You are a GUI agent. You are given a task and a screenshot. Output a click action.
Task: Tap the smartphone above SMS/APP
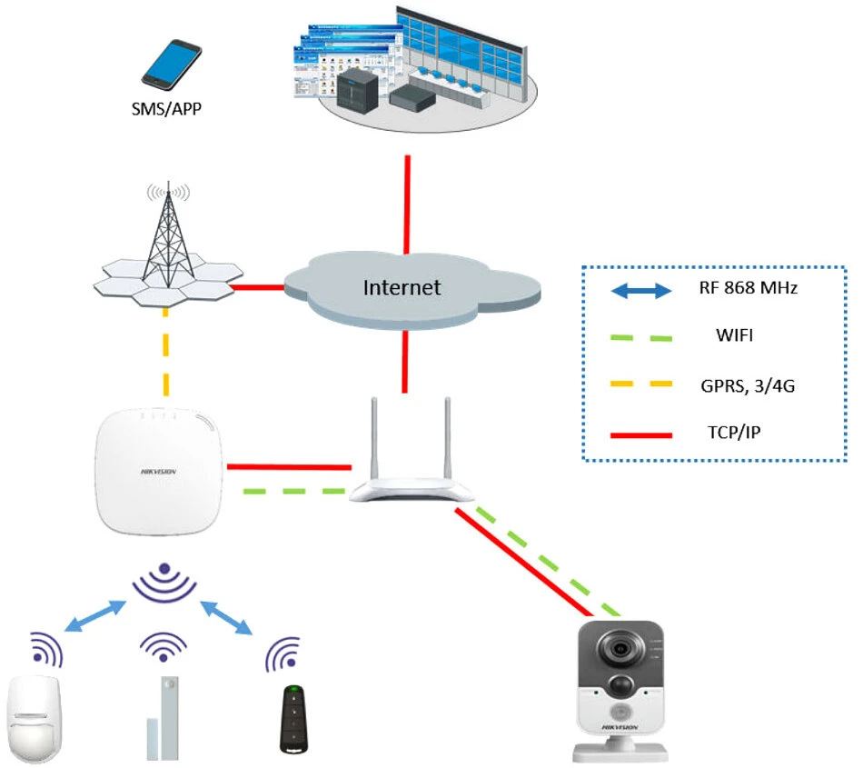[x=171, y=65]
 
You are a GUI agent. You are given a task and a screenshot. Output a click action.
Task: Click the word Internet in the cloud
[x=402, y=288]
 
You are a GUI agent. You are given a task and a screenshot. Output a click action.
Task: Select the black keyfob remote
[x=292, y=717]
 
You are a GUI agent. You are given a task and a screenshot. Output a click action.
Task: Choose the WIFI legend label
[x=734, y=336]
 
